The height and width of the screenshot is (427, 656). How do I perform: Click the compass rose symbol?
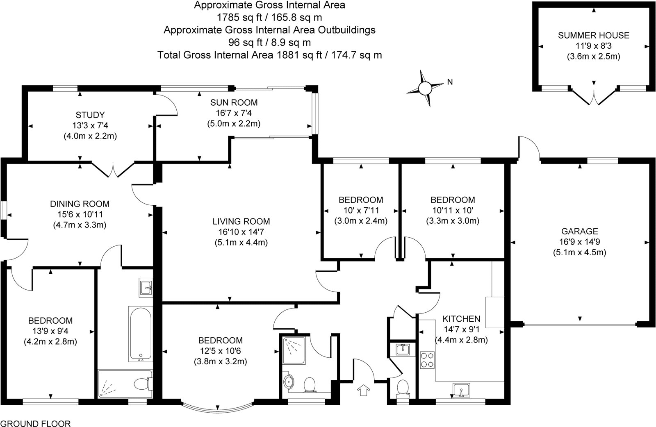425,87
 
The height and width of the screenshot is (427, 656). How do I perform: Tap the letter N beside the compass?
450,82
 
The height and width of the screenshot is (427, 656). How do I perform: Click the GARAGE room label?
580,232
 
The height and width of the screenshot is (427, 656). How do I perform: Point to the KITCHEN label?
461,318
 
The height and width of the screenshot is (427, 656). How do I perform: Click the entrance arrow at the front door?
363,390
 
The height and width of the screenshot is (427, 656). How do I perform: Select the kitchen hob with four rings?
428,361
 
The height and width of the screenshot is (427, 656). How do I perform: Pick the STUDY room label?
90,115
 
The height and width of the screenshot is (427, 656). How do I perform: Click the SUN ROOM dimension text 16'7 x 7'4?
234,113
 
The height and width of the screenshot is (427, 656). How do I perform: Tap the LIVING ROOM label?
241,222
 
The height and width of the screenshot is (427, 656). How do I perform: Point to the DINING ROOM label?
80,204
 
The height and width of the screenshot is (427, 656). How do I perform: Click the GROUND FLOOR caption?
36,423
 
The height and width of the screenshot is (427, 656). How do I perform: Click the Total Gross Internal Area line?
269,55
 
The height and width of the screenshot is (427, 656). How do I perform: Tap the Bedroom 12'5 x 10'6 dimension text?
220,351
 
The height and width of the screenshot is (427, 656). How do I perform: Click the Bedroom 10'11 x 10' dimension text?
453,210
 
